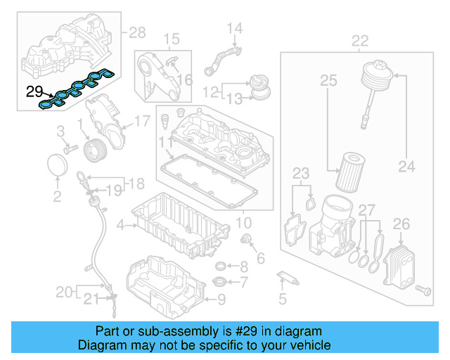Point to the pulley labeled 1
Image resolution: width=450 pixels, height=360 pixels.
pos(94,150)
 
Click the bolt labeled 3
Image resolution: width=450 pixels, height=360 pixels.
pos(70,148)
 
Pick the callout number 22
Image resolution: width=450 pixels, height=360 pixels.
pos(360,40)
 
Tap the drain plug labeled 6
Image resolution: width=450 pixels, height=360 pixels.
pos(247,242)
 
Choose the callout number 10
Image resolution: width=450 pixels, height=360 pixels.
pos(242,223)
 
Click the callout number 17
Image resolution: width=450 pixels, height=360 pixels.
pos(141,120)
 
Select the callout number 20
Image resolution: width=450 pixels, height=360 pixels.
pos(64,290)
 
